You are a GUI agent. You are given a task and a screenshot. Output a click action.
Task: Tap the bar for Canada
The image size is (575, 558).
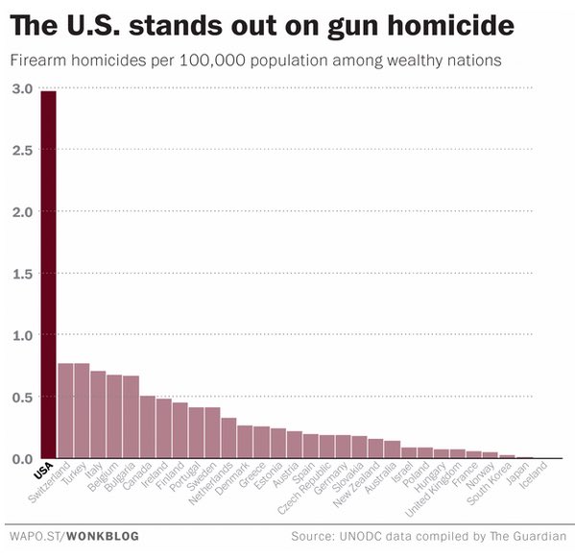147,427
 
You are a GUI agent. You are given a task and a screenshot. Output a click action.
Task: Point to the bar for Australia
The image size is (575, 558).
392,449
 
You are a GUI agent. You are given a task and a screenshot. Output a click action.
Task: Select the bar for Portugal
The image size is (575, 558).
196,433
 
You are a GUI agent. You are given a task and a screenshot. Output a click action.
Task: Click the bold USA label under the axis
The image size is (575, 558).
42,473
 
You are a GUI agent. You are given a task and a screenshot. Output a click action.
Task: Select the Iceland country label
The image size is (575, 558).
532,474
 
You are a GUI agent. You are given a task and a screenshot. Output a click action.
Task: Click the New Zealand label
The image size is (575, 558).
364,481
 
